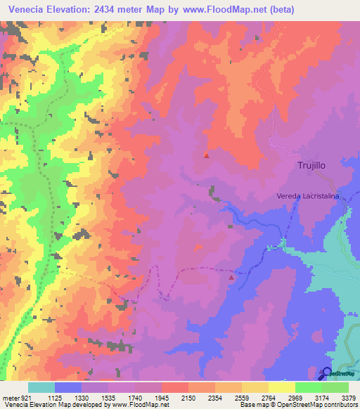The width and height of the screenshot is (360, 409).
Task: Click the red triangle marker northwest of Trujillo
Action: [206, 155]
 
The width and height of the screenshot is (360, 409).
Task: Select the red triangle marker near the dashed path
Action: [231, 278]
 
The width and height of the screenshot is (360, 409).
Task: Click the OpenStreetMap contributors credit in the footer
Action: [321, 405]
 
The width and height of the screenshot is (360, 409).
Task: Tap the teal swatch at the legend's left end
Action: [41, 387]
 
